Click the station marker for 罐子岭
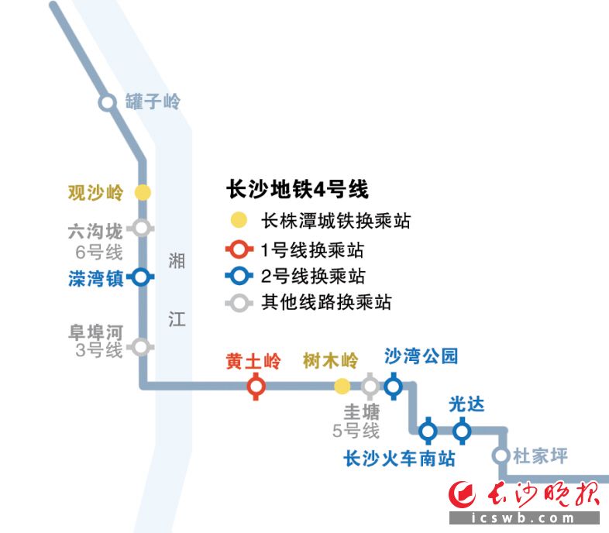click(x=107, y=102)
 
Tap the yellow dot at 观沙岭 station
click(x=143, y=192)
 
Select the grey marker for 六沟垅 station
click(x=141, y=228)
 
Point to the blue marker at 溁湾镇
click(x=141, y=277)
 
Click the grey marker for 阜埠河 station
click(x=141, y=346)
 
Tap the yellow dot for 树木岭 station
click(x=342, y=385)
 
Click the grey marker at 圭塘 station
click(x=370, y=385)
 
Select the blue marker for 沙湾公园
click(x=393, y=385)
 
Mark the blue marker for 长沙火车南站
click(x=428, y=430)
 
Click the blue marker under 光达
click(x=462, y=430)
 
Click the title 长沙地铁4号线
click(x=297, y=189)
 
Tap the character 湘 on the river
click(x=177, y=261)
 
